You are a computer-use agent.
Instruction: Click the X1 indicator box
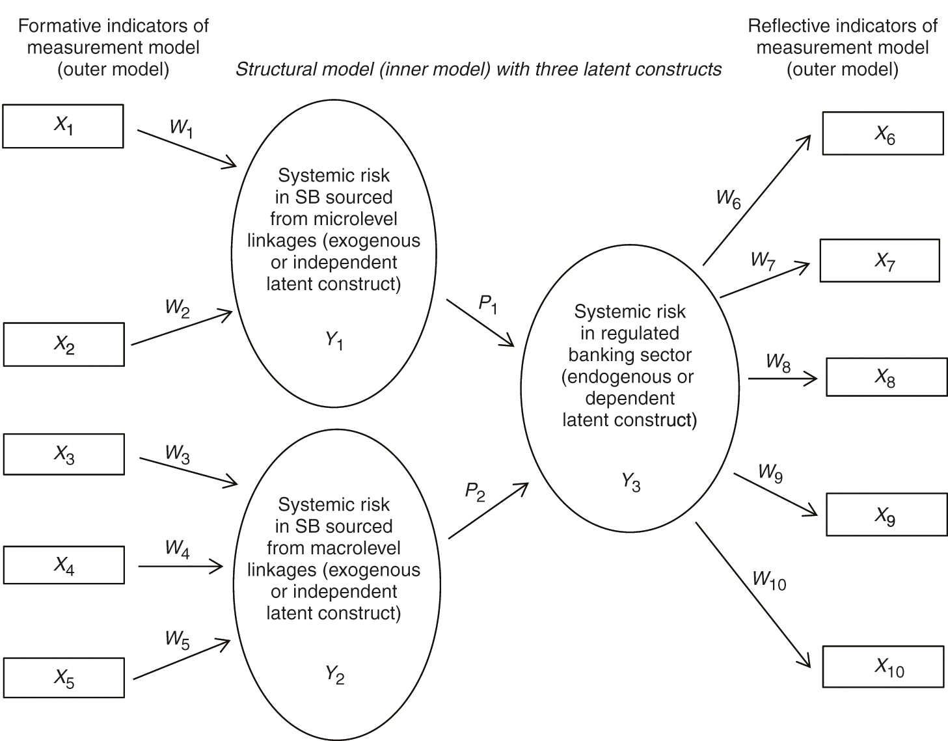click(63, 126)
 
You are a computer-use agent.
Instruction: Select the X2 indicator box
click(64, 344)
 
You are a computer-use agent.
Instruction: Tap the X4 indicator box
click(64, 565)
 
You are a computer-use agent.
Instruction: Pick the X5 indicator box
click(64, 678)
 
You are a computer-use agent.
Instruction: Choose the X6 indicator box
click(883, 133)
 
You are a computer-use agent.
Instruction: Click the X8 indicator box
click(886, 377)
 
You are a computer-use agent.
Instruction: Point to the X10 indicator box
click(883, 666)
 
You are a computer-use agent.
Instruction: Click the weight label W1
click(181, 128)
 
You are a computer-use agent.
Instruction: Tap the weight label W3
click(177, 453)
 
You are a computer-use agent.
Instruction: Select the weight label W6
click(728, 198)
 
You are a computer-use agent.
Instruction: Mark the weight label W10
click(768, 580)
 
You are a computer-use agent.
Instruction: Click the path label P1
click(488, 304)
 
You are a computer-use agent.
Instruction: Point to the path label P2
click(475, 492)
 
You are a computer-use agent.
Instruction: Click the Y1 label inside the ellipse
click(334, 340)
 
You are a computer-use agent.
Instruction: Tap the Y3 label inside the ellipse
click(630, 482)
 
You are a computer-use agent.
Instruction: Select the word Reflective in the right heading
click(785, 26)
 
